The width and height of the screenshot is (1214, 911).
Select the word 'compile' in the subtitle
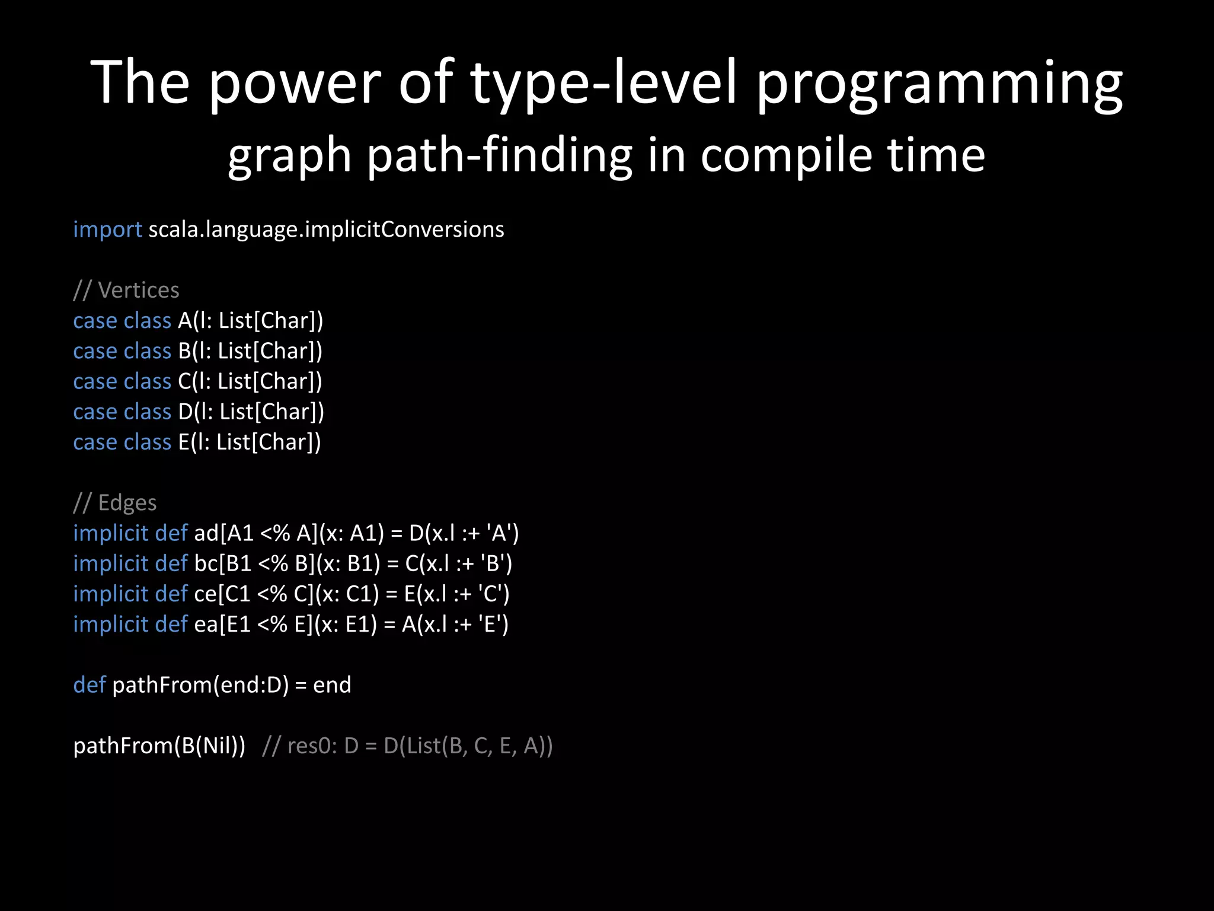click(x=786, y=155)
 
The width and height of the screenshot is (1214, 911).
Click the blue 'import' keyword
click(x=107, y=230)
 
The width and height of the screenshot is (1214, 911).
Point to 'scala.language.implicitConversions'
click(x=326, y=230)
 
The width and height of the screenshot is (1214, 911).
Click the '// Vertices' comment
click(x=126, y=290)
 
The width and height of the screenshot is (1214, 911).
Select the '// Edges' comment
click(x=114, y=503)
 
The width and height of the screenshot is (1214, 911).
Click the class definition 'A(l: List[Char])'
click(x=250, y=321)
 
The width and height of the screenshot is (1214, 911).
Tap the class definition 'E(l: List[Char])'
click(x=249, y=442)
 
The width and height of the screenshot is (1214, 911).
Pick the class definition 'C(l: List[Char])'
click(x=250, y=381)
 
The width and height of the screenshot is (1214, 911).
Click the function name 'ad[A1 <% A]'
click(x=256, y=533)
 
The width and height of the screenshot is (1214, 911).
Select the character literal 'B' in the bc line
click(x=493, y=563)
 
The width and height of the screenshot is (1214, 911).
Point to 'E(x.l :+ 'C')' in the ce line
click(x=456, y=594)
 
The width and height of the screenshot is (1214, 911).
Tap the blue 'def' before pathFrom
click(x=89, y=685)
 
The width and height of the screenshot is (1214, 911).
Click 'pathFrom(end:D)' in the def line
click(x=200, y=685)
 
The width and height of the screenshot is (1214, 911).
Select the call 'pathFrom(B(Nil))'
click(x=159, y=746)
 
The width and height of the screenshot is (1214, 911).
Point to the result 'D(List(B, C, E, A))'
click(x=468, y=746)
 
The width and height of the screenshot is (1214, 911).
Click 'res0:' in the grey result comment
click(x=312, y=746)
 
